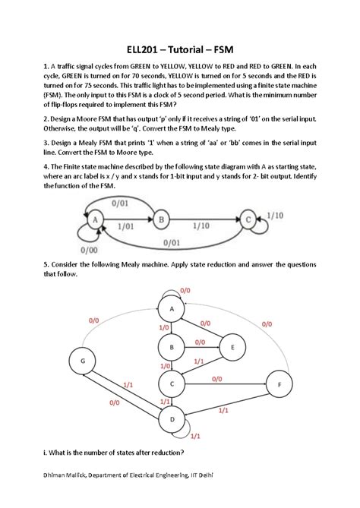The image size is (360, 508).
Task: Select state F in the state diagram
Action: click(x=279, y=386)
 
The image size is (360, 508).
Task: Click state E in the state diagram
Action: click(x=232, y=349)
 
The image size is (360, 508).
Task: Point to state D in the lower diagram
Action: click(x=172, y=419)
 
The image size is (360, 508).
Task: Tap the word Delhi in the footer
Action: click(x=202, y=475)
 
